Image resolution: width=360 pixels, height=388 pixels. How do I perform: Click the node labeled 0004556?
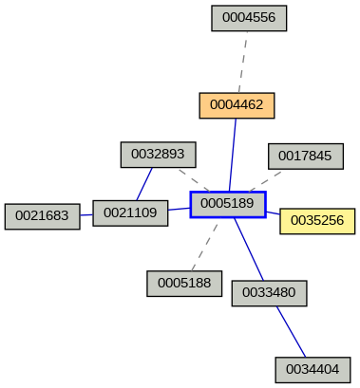tap(249, 18)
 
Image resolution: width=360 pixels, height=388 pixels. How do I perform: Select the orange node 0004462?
tap(237, 105)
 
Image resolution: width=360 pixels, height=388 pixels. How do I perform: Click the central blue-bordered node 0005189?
tap(228, 204)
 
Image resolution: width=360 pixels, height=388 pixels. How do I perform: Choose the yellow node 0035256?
tap(317, 221)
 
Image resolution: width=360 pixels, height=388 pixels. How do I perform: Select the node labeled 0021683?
tap(42, 216)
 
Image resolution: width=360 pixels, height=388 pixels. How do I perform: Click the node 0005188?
tap(184, 283)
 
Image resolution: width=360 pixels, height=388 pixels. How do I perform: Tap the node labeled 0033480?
tap(269, 293)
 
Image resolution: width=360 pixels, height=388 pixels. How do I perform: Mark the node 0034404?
tap(313, 369)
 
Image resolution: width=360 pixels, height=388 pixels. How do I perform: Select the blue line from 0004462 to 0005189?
tap(233, 155)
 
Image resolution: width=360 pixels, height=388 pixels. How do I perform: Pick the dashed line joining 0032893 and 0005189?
tap(193, 179)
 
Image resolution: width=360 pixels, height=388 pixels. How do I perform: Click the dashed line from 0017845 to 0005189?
tap(267, 180)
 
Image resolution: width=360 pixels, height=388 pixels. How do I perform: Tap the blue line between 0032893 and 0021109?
tap(144, 184)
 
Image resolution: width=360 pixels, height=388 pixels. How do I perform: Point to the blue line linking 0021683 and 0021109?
tap(85, 215)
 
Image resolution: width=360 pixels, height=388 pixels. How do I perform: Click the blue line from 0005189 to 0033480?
tap(249, 249)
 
